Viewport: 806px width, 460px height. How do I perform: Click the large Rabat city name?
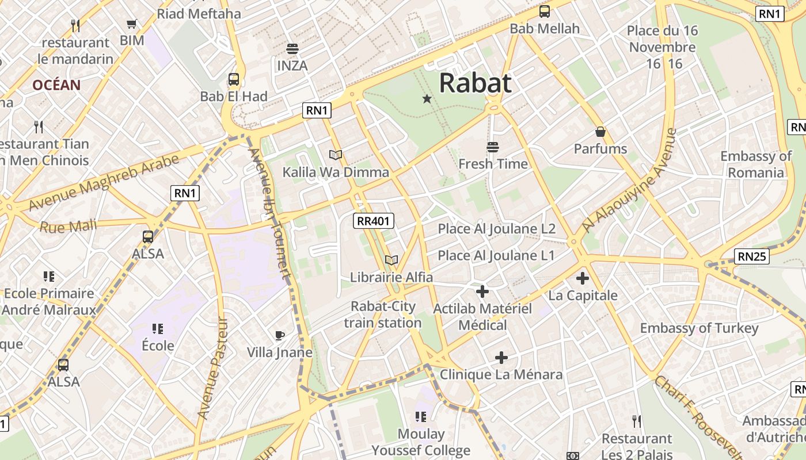click(x=475, y=83)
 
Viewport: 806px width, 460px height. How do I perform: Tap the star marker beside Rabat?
click(x=427, y=99)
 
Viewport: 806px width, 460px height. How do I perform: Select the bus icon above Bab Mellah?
click(x=544, y=11)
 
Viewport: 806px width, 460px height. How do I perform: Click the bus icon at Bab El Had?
click(x=233, y=79)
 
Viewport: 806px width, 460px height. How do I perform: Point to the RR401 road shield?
click(x=373, y=220)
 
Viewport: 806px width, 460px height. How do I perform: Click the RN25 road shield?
click(x=752, y=256)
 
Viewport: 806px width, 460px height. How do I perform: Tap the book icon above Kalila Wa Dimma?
click(x=336, y=155)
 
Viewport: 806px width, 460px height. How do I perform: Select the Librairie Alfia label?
click(x=391, y=277)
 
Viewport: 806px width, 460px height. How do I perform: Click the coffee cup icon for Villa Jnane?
click(x=280, y=335)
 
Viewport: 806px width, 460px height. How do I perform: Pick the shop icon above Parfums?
click(x=600, y=132)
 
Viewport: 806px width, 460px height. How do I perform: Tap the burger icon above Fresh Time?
click(x=492, y=147)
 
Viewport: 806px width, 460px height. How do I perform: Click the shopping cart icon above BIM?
click(x=132, y=24)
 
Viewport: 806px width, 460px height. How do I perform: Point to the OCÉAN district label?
click(x=56, y=85)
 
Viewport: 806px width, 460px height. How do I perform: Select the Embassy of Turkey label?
click(x=699, y=328)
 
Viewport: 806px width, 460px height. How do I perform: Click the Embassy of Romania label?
click(x=756, y=164)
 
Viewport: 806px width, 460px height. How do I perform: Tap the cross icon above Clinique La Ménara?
click(x=501, y=358)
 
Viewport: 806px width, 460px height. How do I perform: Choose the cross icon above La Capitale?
click(x=583, y=278)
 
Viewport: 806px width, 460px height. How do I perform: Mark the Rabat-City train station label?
click(x=383, y=315)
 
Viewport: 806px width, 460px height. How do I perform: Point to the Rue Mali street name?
click(x=68, y=226)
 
